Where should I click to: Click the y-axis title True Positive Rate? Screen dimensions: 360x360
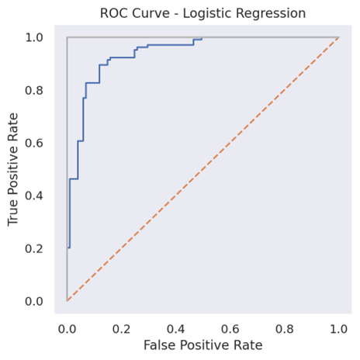(13, 168)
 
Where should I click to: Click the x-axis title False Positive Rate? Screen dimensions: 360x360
(202, 344)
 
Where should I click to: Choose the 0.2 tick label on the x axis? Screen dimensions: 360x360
(121, 327)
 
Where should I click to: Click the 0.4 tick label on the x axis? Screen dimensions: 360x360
(175, 327)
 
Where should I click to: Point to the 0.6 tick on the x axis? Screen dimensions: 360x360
(230, 327)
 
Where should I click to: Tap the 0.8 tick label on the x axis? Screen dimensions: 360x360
(284, 327)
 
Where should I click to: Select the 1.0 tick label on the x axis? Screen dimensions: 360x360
(338, 327)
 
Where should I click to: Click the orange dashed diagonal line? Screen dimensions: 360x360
(202, 169)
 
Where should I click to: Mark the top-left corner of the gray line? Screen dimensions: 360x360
(67, 37)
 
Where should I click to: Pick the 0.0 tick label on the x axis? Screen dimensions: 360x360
(67, 327)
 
